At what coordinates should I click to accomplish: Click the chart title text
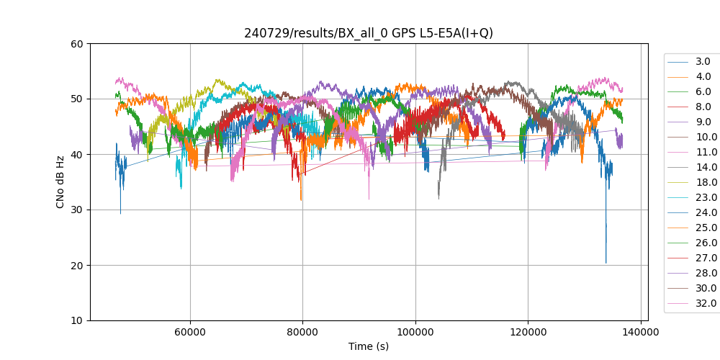368,33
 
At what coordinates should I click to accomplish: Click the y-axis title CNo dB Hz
60,182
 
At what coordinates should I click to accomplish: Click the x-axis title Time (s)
368,346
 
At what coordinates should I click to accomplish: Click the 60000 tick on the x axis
190,332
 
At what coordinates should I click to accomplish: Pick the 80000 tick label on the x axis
302,332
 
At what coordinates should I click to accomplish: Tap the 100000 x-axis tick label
415,332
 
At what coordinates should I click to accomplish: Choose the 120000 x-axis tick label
528,332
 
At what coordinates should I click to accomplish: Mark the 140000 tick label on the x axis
641,332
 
